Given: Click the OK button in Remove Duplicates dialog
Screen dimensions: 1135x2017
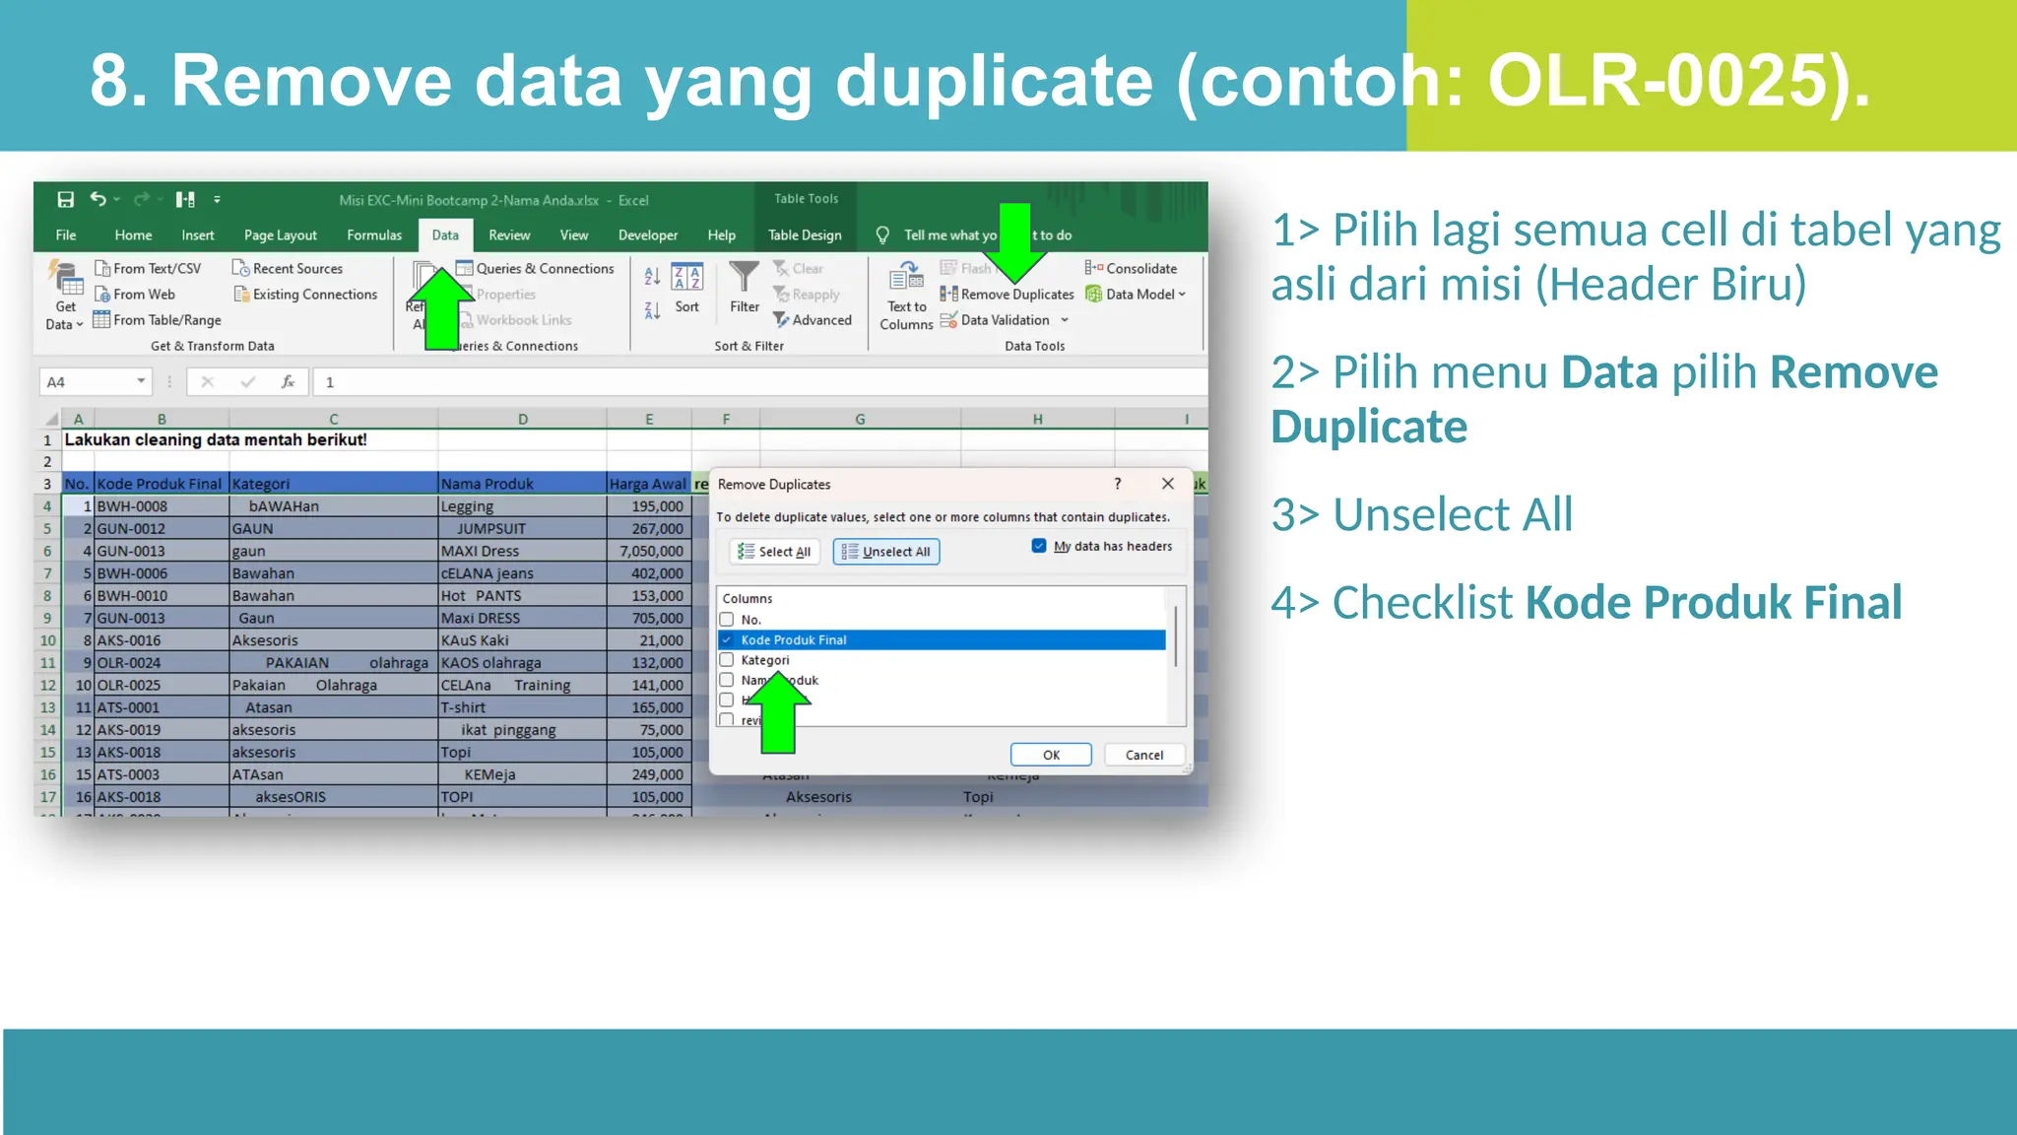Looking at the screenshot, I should point(1050,755).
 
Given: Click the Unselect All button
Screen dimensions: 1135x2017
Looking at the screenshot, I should point(886,552).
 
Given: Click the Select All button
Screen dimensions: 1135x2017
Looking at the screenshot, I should point(775,552).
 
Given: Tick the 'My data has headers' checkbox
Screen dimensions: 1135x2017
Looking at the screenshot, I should point(1039,546).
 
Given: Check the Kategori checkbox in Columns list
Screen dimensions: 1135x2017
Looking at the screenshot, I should point(727,659).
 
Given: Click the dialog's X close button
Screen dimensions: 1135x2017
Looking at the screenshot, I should point(1167,484).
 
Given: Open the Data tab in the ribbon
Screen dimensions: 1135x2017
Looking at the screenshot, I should point(445,234).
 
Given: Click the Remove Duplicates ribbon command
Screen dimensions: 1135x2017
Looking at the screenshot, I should point(1008,294).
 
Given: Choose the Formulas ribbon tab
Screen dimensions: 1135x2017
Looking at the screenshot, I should point(374,234).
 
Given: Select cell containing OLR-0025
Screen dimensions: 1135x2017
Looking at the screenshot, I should point(129,685).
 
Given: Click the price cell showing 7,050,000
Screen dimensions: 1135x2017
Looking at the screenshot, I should point(650,551).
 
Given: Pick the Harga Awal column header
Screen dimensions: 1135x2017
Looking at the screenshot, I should point(647,483).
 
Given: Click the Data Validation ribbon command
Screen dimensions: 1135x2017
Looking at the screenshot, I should point(1004,320).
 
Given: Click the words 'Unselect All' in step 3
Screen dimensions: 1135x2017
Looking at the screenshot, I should point(1452,514).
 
